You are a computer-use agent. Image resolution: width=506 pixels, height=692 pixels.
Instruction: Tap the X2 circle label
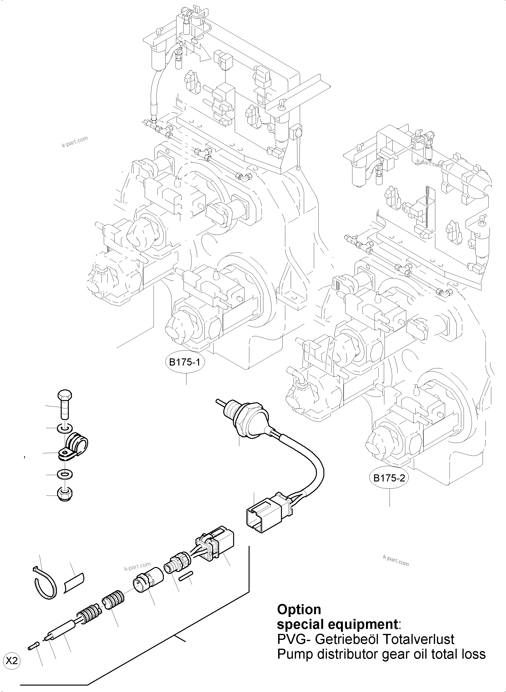pos(12,661)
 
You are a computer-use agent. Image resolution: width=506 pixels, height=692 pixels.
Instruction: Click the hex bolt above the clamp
pos(64,404)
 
